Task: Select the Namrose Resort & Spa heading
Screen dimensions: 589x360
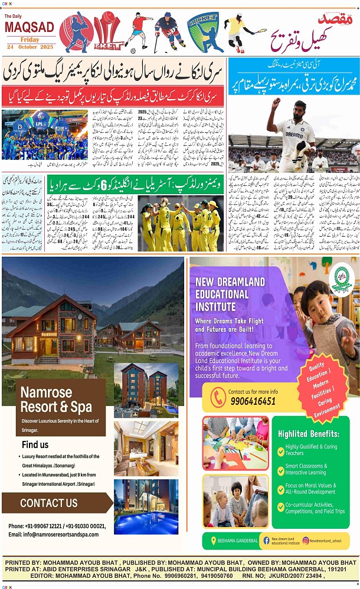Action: [55, 399]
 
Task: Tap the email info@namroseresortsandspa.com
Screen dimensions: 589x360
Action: [53, 534]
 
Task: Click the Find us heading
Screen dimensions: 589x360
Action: [35, 444]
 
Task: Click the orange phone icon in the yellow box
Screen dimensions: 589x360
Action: [218, 397]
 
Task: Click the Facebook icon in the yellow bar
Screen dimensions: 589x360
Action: [266, 540]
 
